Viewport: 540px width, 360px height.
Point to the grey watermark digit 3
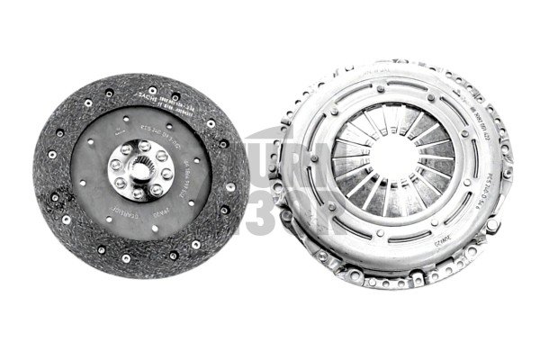click(265, 211)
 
